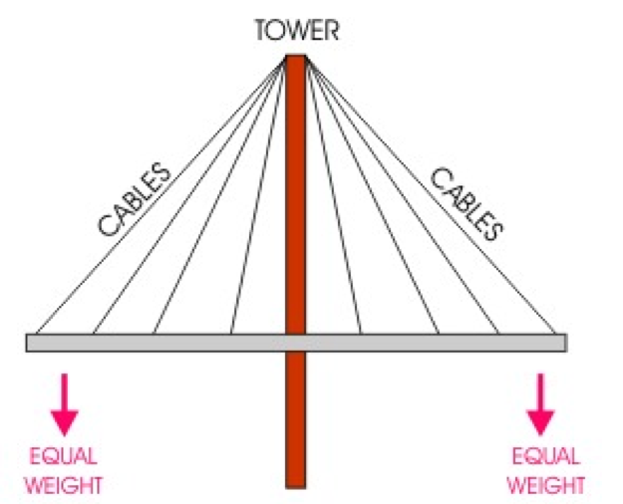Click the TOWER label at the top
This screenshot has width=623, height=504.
click(x=296, y=30)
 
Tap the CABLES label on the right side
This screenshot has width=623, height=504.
click(x=466, y=203)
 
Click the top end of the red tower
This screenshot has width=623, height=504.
click(x=295, y=58)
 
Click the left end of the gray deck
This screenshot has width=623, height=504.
click(x=30, y=342)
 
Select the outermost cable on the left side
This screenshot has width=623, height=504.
click(x=159, y=195)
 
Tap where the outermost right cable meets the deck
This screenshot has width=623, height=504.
click(x=554, y=334)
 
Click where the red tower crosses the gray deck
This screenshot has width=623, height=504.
click(x=295, y=342)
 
